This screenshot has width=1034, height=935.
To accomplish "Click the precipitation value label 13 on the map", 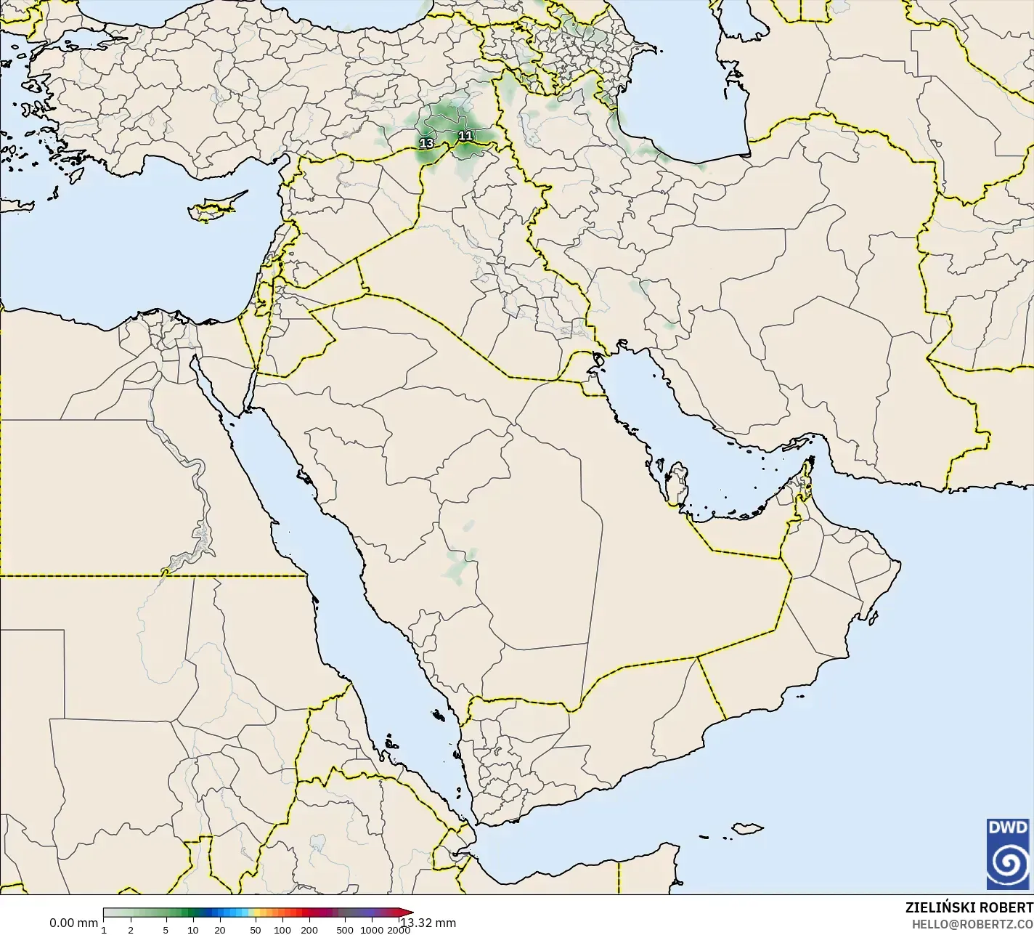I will pos(426,144).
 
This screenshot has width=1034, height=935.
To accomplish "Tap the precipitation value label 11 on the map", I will pos(465,136).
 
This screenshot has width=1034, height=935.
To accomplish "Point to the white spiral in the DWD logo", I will pos(1008,862).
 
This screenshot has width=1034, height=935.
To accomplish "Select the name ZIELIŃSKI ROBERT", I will pos(969,907).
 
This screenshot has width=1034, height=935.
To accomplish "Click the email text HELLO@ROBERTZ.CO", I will pos(972,923).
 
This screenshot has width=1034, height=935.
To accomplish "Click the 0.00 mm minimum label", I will pos(73,923).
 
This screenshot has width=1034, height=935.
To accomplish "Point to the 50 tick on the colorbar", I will pos(255,930).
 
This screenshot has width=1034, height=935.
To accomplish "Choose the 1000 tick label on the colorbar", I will pos(372,930).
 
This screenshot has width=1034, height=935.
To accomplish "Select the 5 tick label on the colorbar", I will pos(166,930).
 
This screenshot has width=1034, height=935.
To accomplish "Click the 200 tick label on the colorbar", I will pos(309,930).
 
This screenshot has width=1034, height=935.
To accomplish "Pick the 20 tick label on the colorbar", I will pos(220,930).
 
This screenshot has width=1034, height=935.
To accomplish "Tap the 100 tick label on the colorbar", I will pos(282,930).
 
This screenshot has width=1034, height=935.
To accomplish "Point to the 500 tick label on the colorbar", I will pos(345,930).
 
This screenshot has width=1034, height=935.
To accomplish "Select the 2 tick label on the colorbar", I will pos(131,930).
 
